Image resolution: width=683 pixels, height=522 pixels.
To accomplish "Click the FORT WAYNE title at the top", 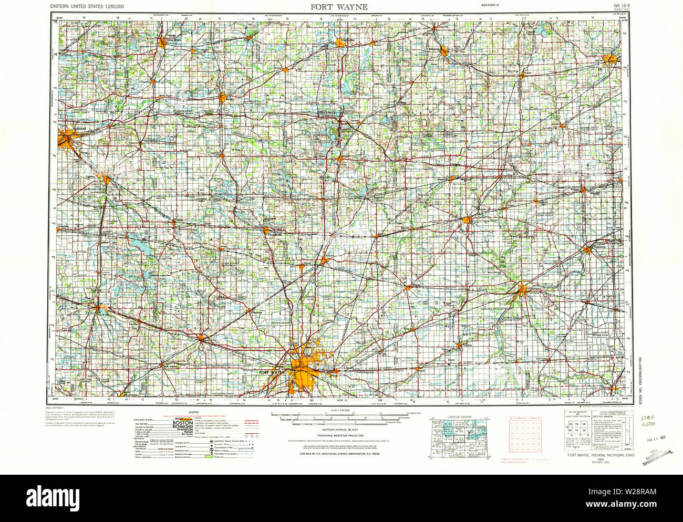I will (x=339, y=7).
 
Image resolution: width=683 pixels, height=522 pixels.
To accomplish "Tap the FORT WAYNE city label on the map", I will (x=272, y=372).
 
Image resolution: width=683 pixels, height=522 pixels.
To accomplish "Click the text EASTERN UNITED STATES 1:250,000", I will (x=88, y=6).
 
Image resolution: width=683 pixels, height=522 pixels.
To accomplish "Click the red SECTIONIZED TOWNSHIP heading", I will (x=524, y=417).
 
